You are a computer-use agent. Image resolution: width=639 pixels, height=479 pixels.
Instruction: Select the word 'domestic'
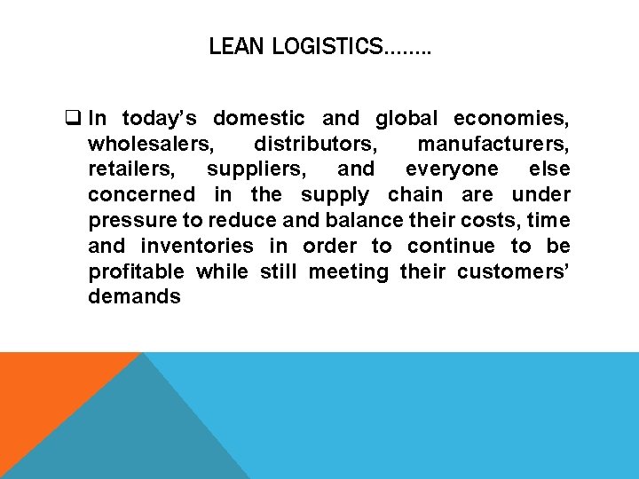tap(259, 118)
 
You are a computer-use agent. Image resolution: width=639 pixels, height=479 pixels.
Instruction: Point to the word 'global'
tap(406, 118)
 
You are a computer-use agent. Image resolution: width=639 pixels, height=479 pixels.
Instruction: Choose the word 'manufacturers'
tap(493, 144)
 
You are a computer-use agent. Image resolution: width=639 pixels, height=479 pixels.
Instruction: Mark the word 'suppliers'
tap(258, 169)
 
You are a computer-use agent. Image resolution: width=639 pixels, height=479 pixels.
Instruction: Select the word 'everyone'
tap(452, 169)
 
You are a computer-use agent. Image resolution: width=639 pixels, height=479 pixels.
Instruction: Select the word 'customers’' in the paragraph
tap(514, 271)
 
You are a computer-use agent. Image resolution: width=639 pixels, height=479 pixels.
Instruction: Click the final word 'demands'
tap(134, 297)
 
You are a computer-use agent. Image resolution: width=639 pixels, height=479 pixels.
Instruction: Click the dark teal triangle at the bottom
tap(133, 435)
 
